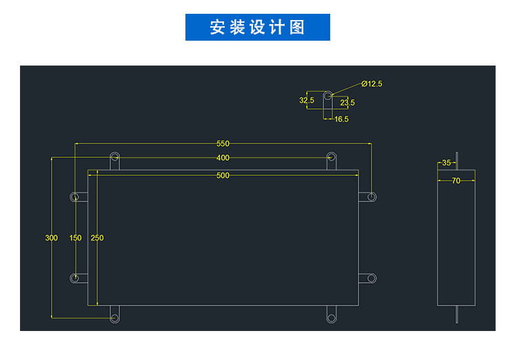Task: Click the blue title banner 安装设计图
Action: (258, 28)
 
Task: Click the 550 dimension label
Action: (223, 144)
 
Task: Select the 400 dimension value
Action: (223, 158)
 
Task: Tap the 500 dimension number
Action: (223, 175)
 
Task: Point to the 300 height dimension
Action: (51, 238)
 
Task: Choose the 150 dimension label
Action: (75, 238)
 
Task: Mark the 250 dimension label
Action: (97, 238)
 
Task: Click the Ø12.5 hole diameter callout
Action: (372, 83)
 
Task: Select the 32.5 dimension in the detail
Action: (307, 100)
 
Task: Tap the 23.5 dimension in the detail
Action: (347, 103)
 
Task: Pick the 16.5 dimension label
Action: (341, 119)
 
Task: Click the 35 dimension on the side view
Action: (446, 163)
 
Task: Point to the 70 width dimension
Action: (456, 181)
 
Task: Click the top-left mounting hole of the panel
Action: (115, 157)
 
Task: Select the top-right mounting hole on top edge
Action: (331, 157)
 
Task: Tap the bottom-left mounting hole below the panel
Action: (115, 317)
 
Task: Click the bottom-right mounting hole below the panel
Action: (331, 317)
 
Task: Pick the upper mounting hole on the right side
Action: (372, 197)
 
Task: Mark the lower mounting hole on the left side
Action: (75, 278)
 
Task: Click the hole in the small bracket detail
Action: (330, 95)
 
